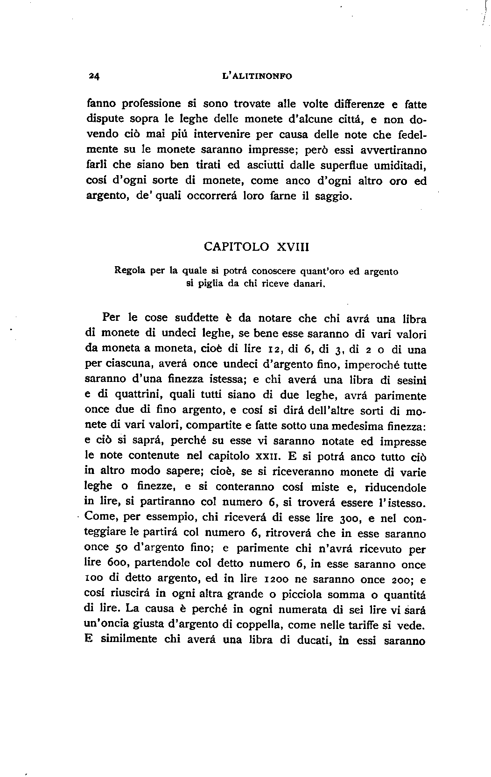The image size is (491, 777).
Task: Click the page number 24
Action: coord(94,77)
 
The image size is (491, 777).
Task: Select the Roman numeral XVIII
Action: coord(293,247)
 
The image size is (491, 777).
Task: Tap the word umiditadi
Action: coord(401,165)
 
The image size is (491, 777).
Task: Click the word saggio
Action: coord(332,196)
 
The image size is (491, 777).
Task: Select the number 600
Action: coord(112,564)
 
